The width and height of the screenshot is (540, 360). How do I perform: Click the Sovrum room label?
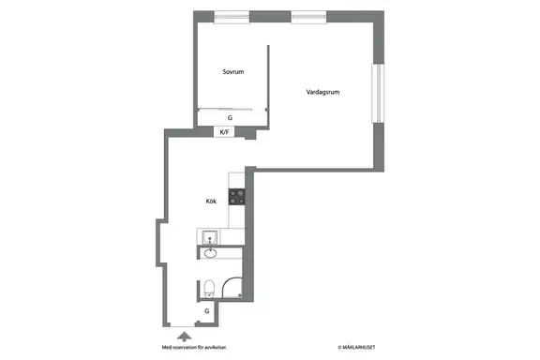[x=233, y=71]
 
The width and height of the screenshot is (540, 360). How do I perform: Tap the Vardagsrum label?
[x=322, y=92]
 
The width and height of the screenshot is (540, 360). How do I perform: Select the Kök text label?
[x=211, y=202]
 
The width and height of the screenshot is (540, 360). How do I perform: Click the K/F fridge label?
[x=224, y=132]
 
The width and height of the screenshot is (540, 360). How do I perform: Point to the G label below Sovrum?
[x=230, y=118]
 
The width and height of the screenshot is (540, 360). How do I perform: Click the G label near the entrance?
[x=206, y=311]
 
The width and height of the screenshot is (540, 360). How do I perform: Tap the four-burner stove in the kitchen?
[x=237, y=197]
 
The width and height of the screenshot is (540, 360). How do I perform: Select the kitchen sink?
[x=209, y=237]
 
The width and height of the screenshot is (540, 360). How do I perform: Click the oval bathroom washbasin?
[x=210, y=253]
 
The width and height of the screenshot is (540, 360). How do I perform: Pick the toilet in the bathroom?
[x=209, y=288]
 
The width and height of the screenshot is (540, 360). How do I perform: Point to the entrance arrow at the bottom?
[x=185, y=337]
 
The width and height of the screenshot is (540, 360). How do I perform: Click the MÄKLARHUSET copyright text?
[x=356, y=347]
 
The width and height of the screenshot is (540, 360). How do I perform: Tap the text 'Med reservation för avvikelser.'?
[x=194, y=347]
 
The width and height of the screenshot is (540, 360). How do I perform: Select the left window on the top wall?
[x=232, y=17]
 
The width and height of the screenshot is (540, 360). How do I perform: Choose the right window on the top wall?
[x=308, y=17]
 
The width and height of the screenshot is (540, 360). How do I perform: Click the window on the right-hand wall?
[x=378, y=93]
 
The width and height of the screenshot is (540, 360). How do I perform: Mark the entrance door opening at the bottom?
[x=183, y=326]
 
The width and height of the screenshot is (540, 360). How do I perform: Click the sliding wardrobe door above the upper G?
[x=225, y=110]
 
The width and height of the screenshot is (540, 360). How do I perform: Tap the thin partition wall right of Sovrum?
[x=268, y=87]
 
